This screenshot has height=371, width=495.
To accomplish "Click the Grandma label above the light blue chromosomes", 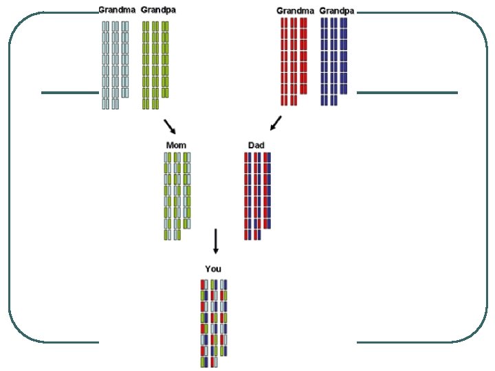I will coord(117,10).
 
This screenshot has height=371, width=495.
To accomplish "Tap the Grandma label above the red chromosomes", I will coord(295,10).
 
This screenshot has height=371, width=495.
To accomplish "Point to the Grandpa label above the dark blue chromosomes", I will coord(336,10).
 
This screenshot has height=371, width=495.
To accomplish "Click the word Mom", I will coord(176,145).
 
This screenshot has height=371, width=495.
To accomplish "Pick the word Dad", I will coord(256,145).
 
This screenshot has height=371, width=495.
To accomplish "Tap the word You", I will coord(213,269).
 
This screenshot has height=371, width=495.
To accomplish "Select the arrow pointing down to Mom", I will coord(170,126).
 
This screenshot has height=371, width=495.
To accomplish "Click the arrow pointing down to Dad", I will coord(275,123).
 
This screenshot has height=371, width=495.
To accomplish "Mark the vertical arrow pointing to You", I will coord(215,241).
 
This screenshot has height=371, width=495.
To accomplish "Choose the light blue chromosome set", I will coord(115,64).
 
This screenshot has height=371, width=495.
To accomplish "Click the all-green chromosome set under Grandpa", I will coord(155,64).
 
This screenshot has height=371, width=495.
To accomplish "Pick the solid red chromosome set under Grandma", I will coord(294,61).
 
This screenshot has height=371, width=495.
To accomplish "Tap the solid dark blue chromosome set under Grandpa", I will coord(333,61).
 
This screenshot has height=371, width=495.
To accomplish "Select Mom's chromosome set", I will coord(177,196).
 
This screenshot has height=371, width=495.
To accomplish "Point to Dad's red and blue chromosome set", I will coord(257,196).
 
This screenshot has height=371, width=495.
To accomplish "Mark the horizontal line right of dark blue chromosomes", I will coord(407,92).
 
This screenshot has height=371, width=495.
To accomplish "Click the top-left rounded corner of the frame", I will coord(21,27).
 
